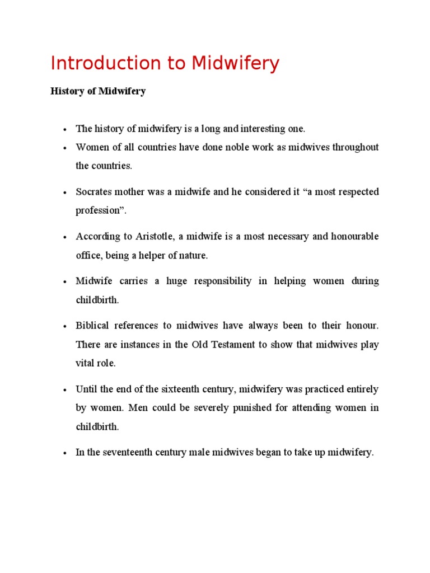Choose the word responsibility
[223, 281]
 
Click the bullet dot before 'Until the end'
[65, 389]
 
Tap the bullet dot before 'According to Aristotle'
[65, 237]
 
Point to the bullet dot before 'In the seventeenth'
[65, 453]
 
